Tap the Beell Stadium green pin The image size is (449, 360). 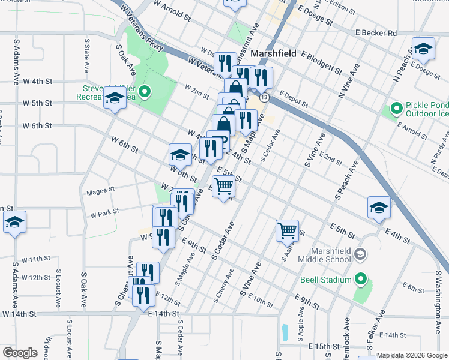[x=360, y=279]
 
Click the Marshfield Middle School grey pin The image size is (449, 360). [x=360, y=254]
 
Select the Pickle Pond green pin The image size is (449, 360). [x=396, y=109]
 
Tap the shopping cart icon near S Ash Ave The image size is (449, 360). [x=287, y=230]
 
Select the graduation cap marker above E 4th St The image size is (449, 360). [x=379, y=208]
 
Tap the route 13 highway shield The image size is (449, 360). [x=264, y=97]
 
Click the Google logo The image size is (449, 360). [x=20, y=352]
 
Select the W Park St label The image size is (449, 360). [x=104, y=212]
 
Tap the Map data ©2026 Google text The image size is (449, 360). [x=412, y=355]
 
